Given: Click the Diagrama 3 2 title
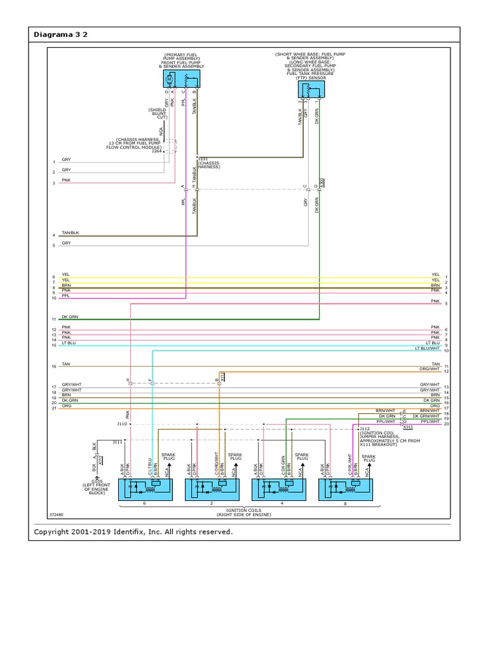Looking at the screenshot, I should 60,34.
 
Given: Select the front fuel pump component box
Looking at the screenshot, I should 182,79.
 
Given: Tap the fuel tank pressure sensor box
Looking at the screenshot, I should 311,90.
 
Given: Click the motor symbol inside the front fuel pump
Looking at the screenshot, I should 170,79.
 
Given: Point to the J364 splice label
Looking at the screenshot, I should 156,151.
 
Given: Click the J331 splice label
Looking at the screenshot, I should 203,158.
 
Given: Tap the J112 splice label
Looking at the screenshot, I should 365,428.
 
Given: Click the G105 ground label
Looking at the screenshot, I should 97,481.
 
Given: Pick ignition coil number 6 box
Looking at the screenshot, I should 145,488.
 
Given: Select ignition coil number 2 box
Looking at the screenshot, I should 212,488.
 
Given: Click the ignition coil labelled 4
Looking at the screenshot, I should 279,488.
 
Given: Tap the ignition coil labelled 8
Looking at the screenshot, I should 346,488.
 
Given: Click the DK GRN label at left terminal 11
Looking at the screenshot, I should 70,317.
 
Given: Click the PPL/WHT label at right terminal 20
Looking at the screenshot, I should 430,421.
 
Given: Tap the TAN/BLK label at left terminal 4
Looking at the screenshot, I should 70,233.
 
